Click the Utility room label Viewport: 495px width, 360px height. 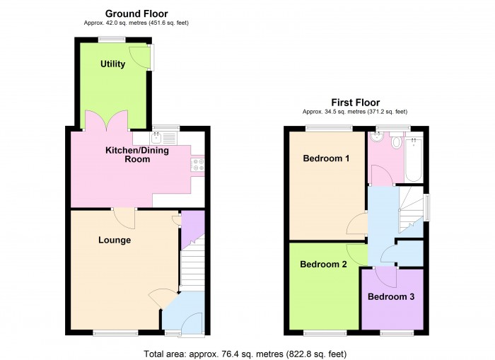tap(112, 64)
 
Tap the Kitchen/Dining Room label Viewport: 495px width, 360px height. tap(128, 155)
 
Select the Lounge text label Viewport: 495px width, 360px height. tap(114, 240)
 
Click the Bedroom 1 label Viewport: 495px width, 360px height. tap(326, 158)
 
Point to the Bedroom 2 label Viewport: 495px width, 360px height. tap(323, 265)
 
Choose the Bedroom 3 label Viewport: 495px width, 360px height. tap(391, 297)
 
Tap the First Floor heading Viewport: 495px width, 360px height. tap(355, 103)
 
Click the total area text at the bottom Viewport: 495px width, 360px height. tap(245, 353)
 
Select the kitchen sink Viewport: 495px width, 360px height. tap(158, 139)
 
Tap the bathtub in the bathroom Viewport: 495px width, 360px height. tap(414, 160)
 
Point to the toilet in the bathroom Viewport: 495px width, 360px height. tap(396, 143)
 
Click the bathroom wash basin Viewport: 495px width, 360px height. tap(377, 140)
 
